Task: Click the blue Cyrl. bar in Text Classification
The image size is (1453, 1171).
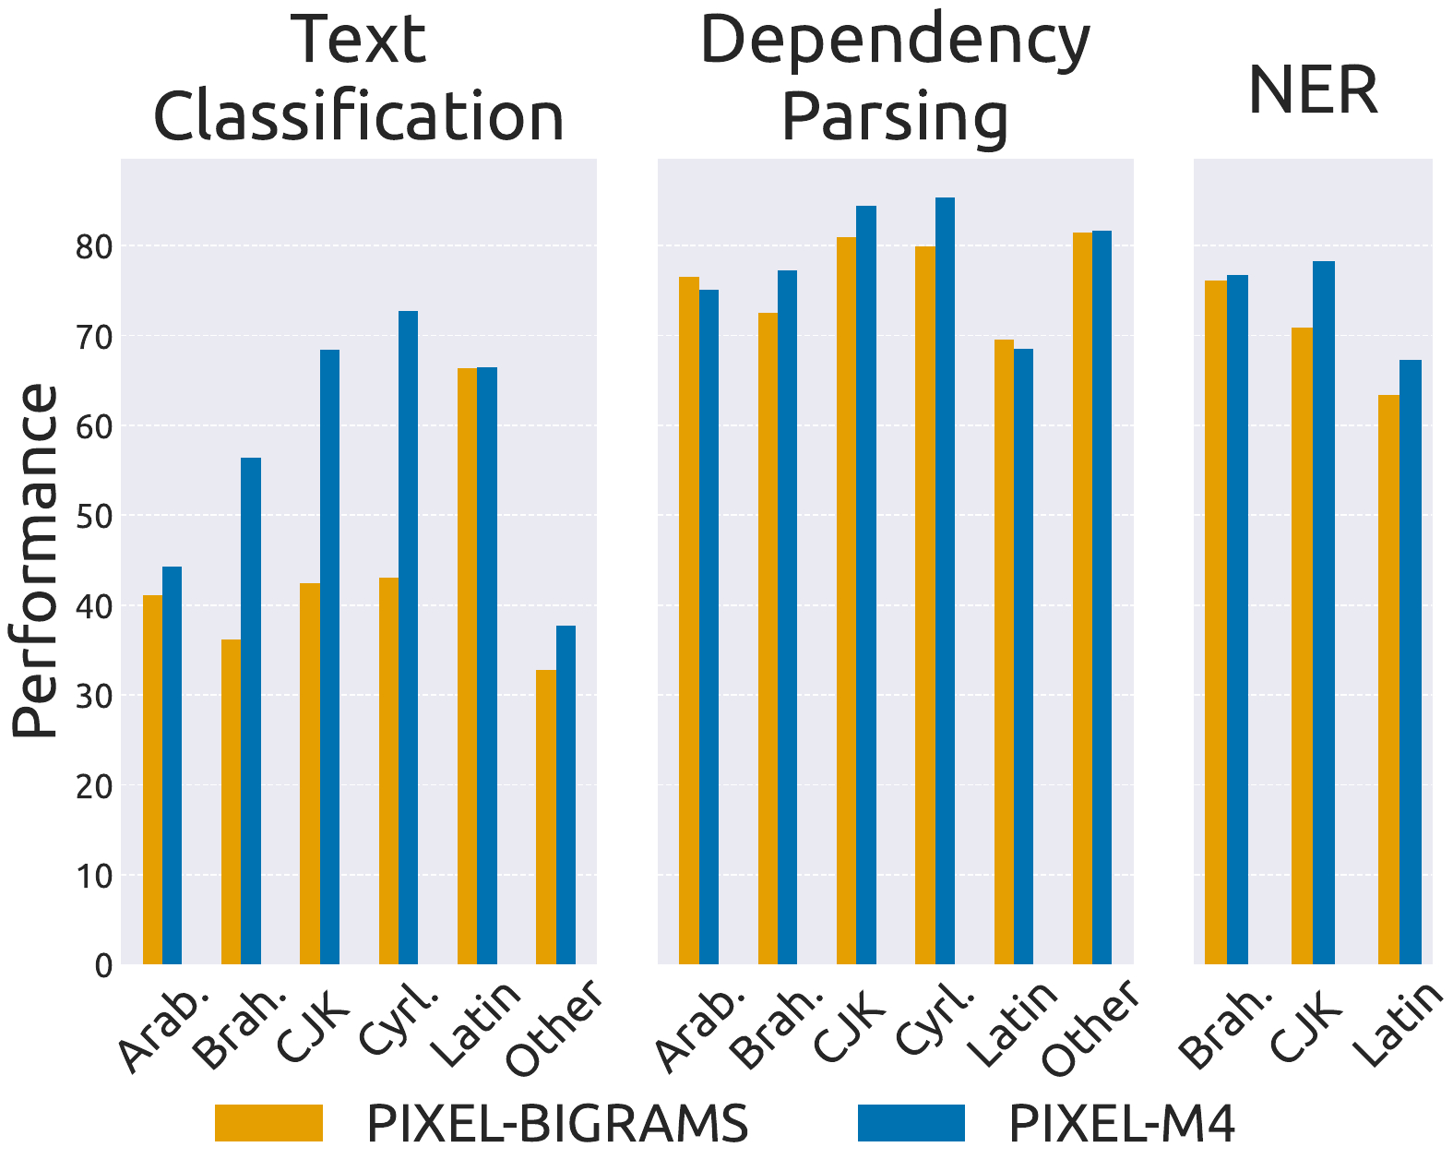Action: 408,637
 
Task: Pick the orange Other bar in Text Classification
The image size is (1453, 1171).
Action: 546,817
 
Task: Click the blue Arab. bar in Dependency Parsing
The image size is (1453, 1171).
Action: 709,627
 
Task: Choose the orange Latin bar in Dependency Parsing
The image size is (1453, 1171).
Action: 1004,651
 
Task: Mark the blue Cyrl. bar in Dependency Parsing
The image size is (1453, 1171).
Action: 945,581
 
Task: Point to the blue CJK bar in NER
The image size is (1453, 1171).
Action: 1324,613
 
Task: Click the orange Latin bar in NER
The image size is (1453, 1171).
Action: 1388,679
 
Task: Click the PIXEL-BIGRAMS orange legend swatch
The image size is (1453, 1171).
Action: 268,1123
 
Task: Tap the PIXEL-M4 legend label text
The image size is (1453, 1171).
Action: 1121,1124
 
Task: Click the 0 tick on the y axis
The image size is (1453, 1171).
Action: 102,966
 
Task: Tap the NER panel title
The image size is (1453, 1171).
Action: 1312,90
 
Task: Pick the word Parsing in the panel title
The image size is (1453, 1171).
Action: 894,118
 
